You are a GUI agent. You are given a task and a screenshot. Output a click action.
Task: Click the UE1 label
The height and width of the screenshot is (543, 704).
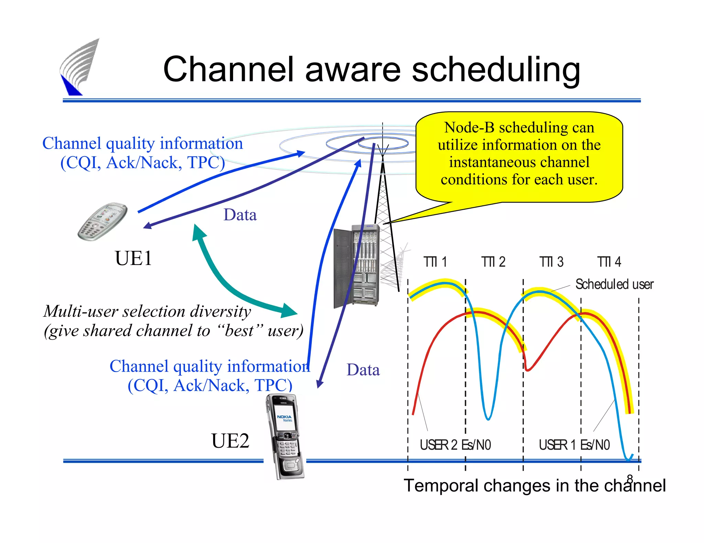tap(133, 258)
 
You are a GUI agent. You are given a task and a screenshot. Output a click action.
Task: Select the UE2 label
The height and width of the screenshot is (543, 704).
tap(230, 441)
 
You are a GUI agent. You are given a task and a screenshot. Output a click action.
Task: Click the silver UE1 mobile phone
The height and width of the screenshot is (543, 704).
tap(102, 221)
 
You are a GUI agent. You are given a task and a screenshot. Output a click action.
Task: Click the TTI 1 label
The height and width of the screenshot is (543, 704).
tap(435, 262)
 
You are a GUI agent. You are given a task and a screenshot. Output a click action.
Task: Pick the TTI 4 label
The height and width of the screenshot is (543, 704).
tap(609, 262)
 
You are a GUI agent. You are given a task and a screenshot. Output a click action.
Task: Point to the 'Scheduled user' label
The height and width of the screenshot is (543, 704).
tap(614, 285)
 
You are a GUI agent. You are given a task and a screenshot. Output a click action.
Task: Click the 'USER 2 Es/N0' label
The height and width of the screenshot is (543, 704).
tap(455, 445)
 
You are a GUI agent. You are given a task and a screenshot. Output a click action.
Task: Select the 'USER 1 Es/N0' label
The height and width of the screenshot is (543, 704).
tap(574, 445)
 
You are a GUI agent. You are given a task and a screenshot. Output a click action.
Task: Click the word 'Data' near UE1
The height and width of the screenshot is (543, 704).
tap(240, 215)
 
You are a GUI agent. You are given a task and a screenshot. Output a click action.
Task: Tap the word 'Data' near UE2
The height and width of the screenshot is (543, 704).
tap(363, 370)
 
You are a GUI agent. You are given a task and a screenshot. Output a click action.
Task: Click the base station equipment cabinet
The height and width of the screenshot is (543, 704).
tap(356, 266)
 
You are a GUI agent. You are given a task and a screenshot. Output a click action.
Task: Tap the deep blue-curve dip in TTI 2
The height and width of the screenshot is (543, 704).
tap(488, 417)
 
